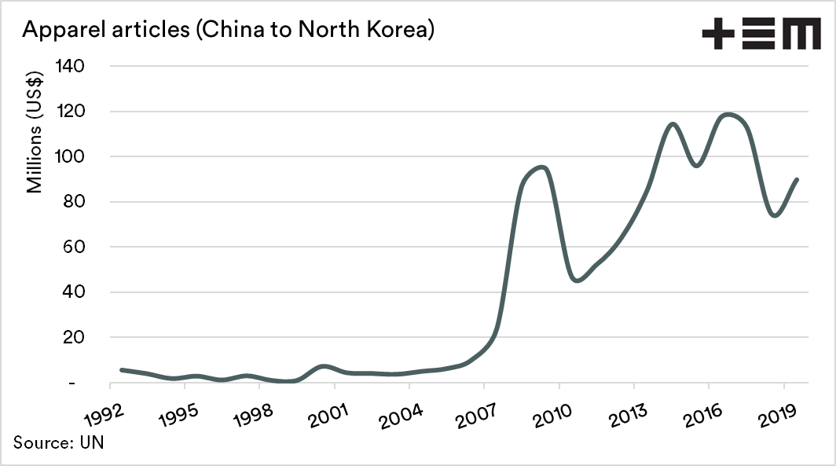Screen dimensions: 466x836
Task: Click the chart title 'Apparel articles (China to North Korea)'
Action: pos(229,31)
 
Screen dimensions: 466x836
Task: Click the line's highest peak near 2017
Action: pos(728,115)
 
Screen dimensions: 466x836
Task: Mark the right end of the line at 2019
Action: pos(797,180)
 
